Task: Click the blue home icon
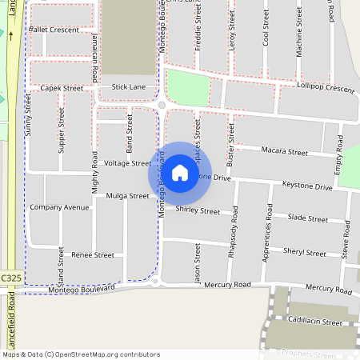click(180, 173)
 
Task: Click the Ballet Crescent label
click(54, 30)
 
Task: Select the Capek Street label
click(62, 88)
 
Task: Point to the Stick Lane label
click(129, 86)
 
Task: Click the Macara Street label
click(285, 152)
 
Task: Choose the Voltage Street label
click(128, 163)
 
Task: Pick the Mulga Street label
click(128, 195)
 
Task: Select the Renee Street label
click(93, 255)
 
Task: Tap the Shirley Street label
click(197, 210)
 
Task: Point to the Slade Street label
click(307, 218)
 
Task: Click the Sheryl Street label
click(304, 252)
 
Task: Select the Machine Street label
click(299, 37)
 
